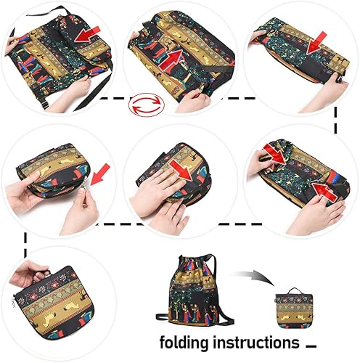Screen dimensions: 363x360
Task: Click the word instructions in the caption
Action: coord(247,342)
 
